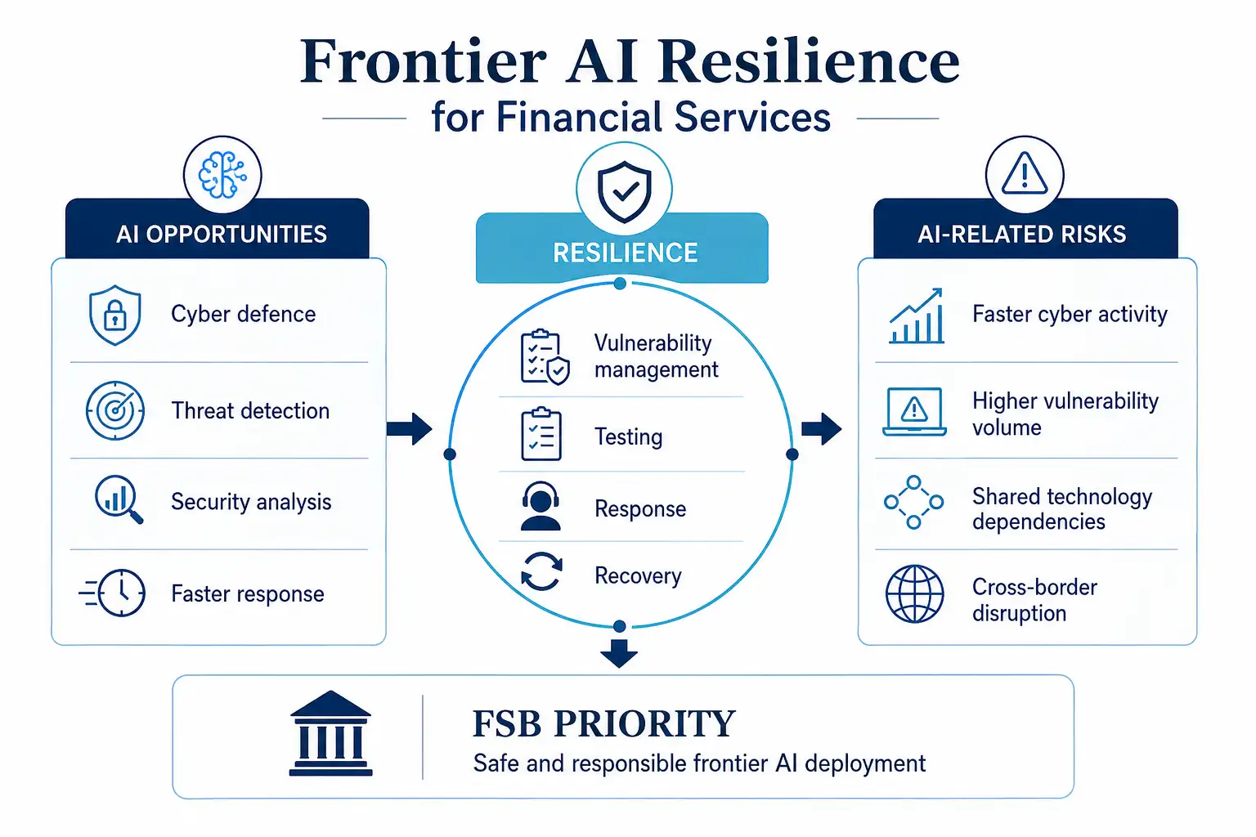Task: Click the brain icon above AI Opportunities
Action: point(222,175)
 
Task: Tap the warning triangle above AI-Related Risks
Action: point(1025,174)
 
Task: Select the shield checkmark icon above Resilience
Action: point(624,192)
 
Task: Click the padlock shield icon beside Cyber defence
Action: point(115,315)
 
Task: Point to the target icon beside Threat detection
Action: point(115,410)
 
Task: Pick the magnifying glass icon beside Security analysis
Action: point(119,499)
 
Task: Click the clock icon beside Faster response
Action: point(113,593)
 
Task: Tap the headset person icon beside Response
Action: point(541,506)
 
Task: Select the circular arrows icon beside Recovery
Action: point(541,572)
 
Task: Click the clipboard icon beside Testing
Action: point(541,434)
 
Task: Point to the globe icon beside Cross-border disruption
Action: point(914,593)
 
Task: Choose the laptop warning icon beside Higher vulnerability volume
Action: point(914,411)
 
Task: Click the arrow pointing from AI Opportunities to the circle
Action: point(410,429)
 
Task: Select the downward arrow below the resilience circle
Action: point(619,653)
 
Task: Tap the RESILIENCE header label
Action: point(626,253)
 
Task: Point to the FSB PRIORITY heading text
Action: point(604,723)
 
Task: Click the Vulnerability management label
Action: point(656,356)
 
